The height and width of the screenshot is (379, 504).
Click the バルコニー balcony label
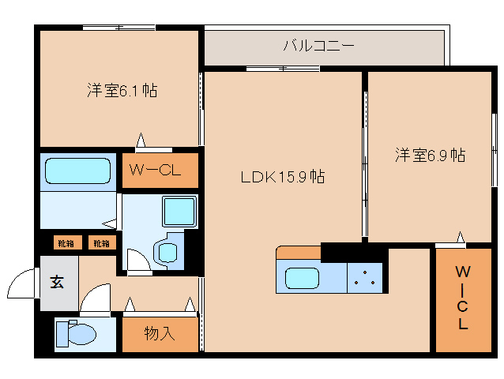(318, 46)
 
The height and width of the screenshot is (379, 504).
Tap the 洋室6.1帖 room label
(121, 91)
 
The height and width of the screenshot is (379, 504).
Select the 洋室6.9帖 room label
(430, 155)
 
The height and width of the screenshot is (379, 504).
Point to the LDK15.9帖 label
(283, 177)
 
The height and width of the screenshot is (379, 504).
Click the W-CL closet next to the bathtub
(157, 170)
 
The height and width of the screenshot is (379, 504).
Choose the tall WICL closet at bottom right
(462, 298)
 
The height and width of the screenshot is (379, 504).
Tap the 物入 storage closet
(160, 334)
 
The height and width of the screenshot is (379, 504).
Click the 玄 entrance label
(58, 280)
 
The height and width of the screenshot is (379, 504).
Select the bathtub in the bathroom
(77, 171)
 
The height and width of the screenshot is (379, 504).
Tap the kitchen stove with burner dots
(365, 277)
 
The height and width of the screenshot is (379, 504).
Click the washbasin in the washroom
(167, 251)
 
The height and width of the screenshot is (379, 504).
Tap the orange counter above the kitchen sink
(298, 252)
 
